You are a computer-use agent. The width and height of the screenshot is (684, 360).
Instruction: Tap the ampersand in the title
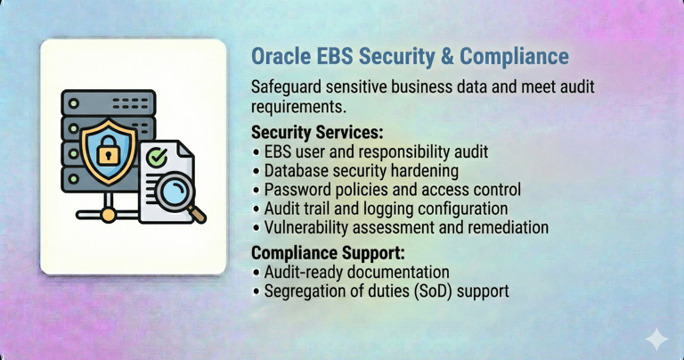point(447,57)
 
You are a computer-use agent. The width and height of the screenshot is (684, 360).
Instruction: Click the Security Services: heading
point(317,132)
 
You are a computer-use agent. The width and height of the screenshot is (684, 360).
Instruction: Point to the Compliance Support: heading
point(328,253)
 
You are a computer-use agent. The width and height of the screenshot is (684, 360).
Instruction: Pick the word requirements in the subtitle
point(299,107)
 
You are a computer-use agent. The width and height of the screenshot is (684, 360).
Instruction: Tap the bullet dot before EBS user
point(256,152)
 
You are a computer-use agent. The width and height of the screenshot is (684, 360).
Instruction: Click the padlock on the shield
point(108,150)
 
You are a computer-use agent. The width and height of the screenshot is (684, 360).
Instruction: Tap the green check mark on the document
point(157,157)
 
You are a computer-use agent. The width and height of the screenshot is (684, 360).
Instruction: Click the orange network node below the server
point(108,215)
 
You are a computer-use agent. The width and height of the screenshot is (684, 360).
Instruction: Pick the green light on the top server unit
point(74,103)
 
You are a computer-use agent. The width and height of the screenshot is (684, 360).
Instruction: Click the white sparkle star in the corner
point(656,339)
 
